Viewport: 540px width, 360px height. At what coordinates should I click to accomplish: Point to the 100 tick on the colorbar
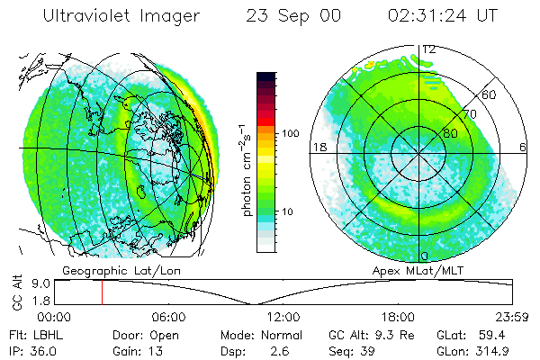[289, 133]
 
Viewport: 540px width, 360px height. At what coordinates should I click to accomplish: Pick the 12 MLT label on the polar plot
[429, 49]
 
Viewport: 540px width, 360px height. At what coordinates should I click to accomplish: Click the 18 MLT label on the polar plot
[319, 147]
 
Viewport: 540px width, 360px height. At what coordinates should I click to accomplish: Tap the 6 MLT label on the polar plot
[523, 147]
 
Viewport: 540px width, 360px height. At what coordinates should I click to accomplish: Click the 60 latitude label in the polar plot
[490, 94]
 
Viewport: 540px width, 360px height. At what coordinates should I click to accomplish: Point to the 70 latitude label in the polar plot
[470, 114]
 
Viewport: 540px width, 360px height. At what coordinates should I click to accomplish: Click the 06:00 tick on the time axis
[168, 317]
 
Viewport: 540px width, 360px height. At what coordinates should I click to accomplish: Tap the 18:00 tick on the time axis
[398, 317]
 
